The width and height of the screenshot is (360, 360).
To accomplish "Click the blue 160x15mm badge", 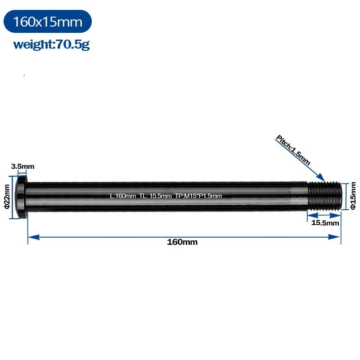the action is [x=48, y=21].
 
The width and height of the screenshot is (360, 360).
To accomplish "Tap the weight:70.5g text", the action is [x=51, y=44].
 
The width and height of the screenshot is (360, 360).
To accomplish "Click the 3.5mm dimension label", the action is [x=23, y=166].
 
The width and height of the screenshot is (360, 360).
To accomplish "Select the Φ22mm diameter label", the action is [x=7, y=197].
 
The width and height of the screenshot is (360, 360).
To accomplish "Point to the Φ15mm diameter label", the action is [x=353, y=196].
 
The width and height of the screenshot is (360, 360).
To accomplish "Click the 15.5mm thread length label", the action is [x=325, y=223].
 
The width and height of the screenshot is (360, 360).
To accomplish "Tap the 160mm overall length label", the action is [x=182, y=242].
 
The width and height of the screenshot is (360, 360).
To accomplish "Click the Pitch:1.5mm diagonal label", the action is [x=293, y=150].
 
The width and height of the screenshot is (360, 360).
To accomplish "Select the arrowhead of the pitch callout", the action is [x=321, y=177].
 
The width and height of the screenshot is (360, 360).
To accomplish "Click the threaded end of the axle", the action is [x=324, y=196].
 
